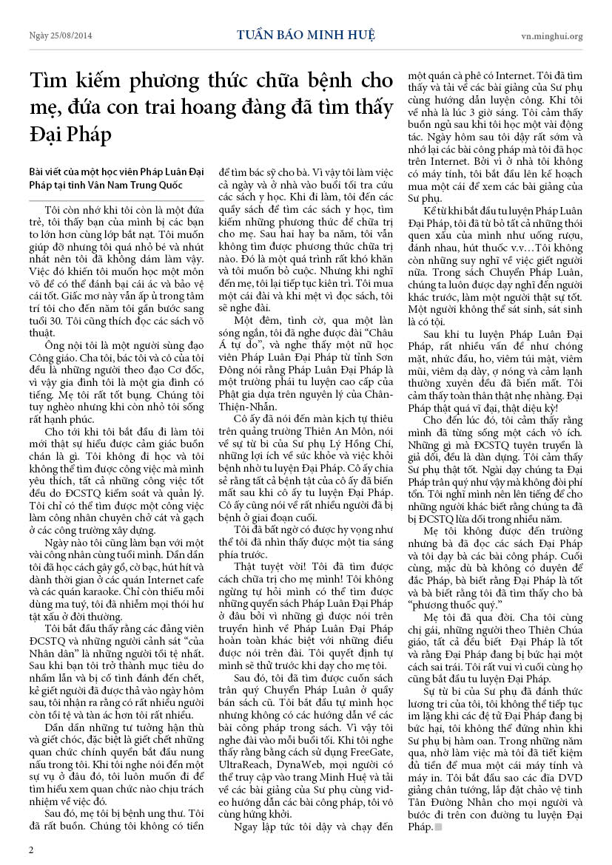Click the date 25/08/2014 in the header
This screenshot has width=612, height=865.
63,35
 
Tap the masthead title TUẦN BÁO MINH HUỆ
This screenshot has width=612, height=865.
306,35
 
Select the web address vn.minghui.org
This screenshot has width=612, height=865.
551,35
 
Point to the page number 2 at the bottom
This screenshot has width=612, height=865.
31,849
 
